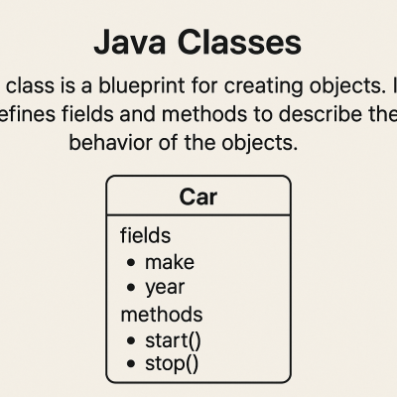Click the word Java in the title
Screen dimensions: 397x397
pyautogui.click(x=128, y=43)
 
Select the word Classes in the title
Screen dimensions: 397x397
pyautogui.click(x=235, y=43)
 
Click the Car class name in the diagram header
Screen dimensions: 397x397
pyautogui.click(x=198, y=197)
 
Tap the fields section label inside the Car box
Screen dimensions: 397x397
pyautogui.click(x=145, y=236)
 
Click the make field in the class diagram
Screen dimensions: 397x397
pyautogui.click(x=170, y=262)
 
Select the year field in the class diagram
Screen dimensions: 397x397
pyautogui.click(x=165, y=288)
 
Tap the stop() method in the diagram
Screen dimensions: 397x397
pyautogui.click(x=172, y=363)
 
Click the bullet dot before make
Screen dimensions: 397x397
pyautogui.click(x=131, y=263)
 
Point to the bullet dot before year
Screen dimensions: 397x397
pyautogui.click(x=131, y=289)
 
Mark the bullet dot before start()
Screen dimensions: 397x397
pyautogui.click(x=131, y=340)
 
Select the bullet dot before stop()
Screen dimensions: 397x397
pyautogui.click(x=131, y=363)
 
